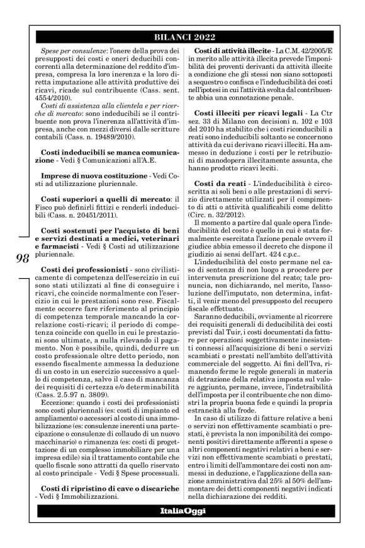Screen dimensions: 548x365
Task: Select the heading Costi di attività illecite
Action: [232, 50]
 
